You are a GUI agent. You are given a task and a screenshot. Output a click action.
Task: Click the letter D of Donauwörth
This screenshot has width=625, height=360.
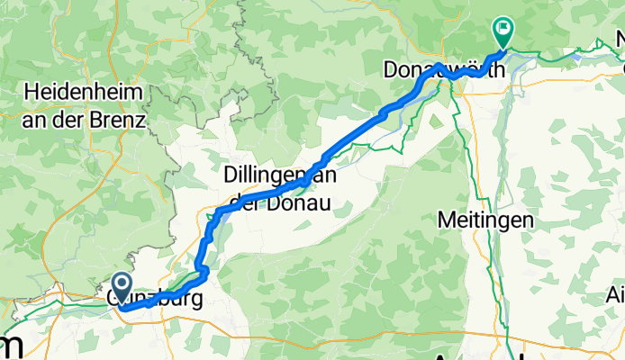point(390,69)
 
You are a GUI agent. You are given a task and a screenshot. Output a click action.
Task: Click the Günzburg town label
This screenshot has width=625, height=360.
point(153,298)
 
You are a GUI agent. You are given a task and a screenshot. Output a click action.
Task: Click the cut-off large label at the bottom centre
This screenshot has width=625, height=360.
point(468,354)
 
